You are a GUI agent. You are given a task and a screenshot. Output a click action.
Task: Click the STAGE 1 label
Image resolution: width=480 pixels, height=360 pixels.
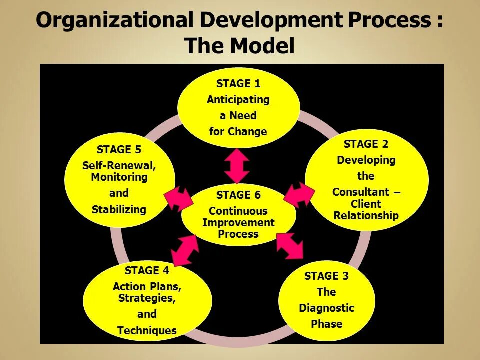238,84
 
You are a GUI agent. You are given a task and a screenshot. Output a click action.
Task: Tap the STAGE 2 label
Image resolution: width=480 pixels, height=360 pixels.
366,144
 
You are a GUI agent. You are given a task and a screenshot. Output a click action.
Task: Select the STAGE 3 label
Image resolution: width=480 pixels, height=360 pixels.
326,276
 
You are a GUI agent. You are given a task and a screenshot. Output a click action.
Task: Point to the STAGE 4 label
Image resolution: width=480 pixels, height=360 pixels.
147,271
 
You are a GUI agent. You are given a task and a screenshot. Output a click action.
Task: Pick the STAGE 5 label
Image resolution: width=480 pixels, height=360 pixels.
119,149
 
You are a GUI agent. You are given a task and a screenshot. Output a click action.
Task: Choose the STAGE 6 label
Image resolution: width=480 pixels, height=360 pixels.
238,195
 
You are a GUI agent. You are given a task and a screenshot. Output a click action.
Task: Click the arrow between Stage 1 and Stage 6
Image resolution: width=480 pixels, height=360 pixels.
237,166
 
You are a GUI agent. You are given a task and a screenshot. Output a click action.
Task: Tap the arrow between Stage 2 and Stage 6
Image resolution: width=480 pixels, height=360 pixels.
299,195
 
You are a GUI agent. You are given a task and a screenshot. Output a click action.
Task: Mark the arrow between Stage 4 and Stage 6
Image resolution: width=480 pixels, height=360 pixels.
185,249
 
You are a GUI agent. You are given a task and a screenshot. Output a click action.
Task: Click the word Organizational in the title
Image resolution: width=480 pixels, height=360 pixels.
114,21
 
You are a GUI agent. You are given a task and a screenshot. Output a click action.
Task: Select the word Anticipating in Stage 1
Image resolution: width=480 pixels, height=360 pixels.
238,100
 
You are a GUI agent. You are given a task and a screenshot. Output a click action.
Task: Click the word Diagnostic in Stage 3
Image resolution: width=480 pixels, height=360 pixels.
326,308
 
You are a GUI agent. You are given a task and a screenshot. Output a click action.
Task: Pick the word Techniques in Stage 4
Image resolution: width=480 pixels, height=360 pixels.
147,330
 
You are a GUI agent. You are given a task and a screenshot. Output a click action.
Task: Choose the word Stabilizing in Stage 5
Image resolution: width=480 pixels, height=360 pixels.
119,209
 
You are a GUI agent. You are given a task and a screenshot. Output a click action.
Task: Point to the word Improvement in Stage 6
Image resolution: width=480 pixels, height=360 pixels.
238,223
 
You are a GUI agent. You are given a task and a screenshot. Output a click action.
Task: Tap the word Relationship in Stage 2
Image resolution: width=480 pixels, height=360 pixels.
366,216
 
